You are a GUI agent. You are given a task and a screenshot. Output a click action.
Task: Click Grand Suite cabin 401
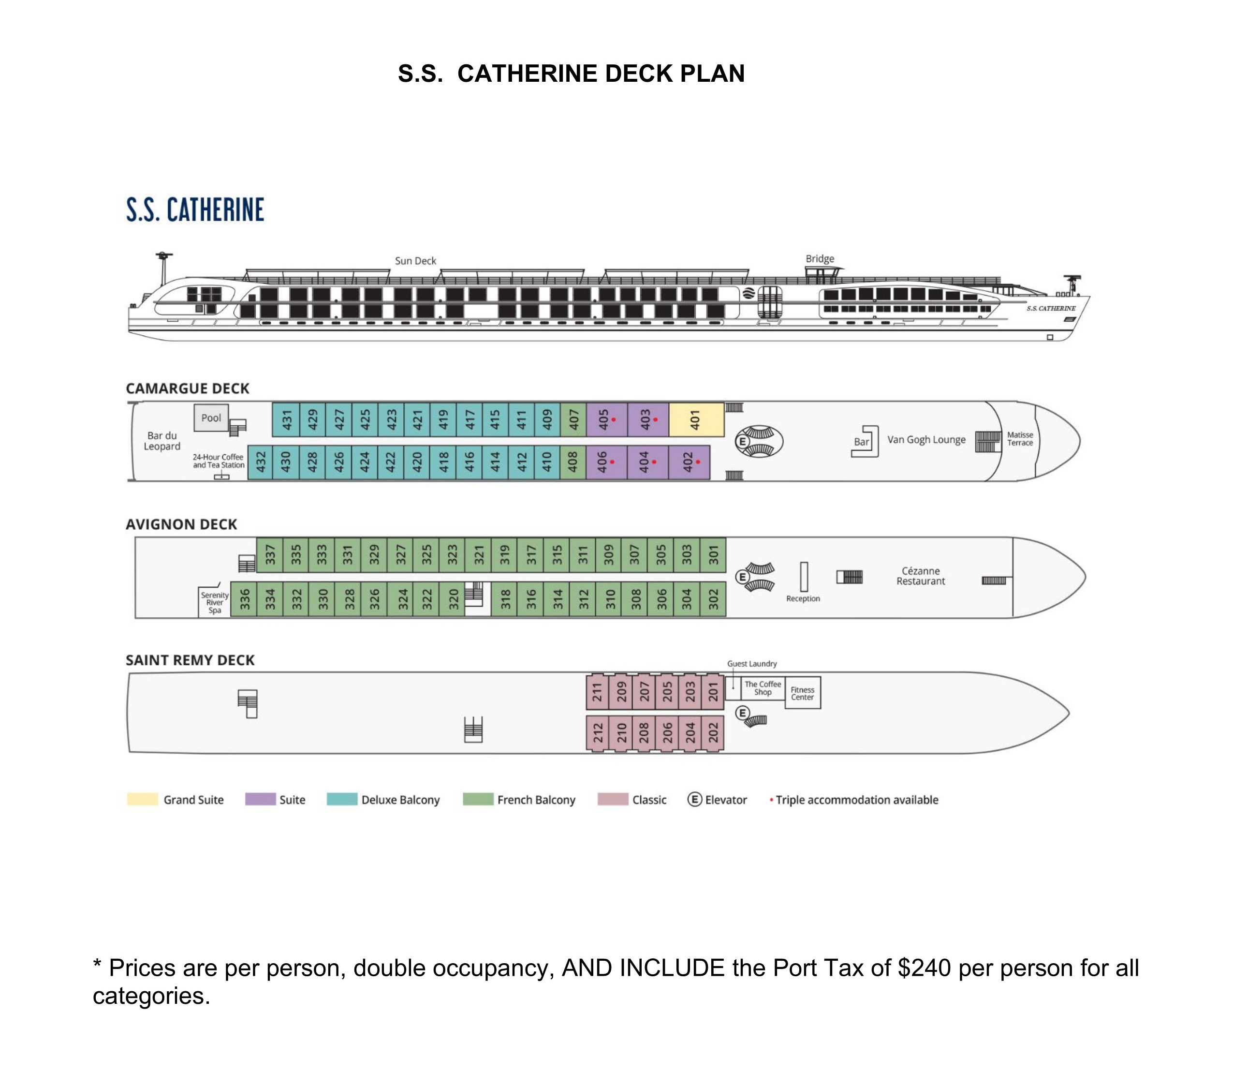[696, 419]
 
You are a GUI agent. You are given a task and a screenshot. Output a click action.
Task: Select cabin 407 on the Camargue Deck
[573, 419]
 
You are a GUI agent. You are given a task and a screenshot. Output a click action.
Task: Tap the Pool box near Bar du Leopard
[211, 417]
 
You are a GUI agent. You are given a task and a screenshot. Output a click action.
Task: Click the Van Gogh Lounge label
[926, 440]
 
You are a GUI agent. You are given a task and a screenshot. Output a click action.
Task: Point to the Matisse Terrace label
[1020, 439]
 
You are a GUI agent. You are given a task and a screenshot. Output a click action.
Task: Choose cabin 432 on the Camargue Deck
[261, 462]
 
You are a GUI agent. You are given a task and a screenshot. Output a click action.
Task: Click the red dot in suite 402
[698, 462]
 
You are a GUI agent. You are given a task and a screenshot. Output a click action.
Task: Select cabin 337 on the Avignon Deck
[270, 554]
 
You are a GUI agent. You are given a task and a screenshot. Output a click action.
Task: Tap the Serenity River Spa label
[215, 602]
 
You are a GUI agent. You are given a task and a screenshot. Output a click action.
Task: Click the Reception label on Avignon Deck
[803, 598]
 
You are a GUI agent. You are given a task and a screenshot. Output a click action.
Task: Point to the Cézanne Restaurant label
[921, 576]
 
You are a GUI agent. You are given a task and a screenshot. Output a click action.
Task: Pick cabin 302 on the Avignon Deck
[713, 599]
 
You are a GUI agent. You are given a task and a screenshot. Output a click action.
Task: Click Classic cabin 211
[597, 691]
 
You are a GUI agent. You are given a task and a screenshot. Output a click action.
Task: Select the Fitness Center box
[802, 693]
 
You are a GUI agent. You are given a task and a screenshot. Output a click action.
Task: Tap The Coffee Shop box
[763, 688]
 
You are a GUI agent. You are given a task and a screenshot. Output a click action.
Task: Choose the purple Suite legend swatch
[260, 800]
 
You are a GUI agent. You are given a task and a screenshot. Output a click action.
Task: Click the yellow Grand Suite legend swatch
[142, 800]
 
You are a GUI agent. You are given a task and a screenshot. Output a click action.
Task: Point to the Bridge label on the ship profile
[820, 259]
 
